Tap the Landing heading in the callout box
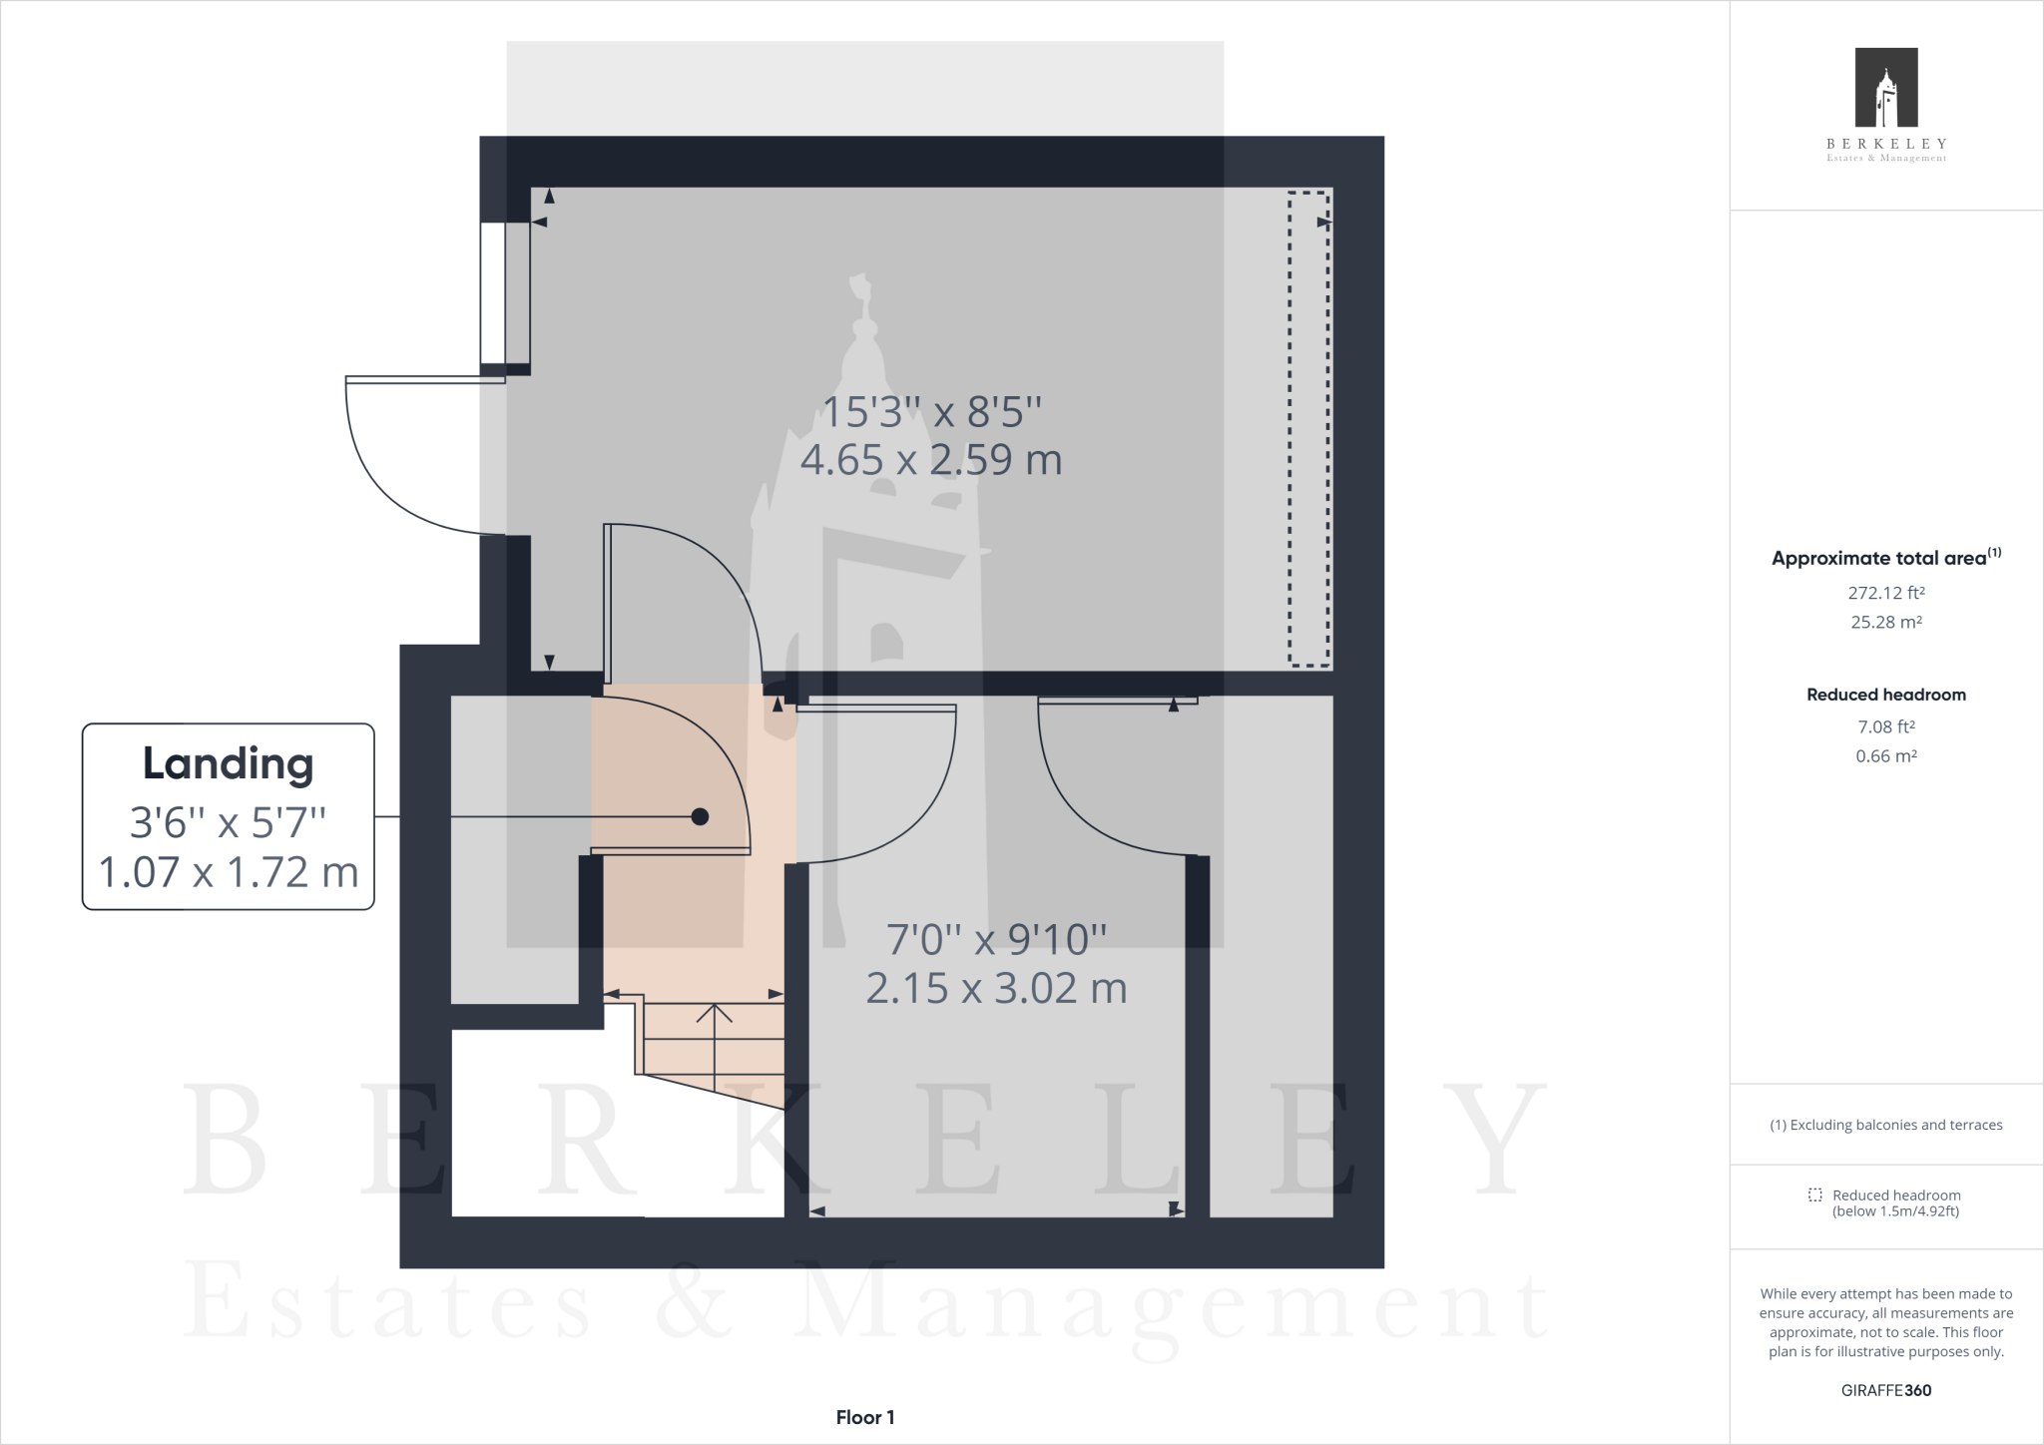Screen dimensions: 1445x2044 tap(228, 764)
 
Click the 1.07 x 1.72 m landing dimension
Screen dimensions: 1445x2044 tap(228, 872)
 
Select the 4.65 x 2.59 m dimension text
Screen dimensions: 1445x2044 tap(930, 460)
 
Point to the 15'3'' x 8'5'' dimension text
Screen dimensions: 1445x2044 tap(930, 411)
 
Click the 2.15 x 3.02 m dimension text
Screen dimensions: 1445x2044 tap(996, 989)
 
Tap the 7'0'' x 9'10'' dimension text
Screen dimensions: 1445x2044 tap(996, 939)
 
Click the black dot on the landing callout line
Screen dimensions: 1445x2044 tap(700, 816)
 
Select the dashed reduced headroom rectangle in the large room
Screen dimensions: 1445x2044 tap(1308, 428)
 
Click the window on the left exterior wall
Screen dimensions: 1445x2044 tap(492, 292)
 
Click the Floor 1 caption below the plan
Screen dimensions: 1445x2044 tap(865, 1417)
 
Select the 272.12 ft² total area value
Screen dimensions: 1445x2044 tap(1886, 593)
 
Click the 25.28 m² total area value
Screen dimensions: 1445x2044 tap(1886, 622)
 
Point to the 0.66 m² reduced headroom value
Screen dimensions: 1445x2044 tap(1886, 756)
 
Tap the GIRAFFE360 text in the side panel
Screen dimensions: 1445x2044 tap(1886, 1390)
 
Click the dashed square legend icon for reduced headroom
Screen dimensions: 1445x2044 tap(1814, 1195)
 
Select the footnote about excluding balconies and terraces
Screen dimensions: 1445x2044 tap(1886, 1125)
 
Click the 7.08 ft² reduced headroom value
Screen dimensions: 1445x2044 tap(1886, 727)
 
